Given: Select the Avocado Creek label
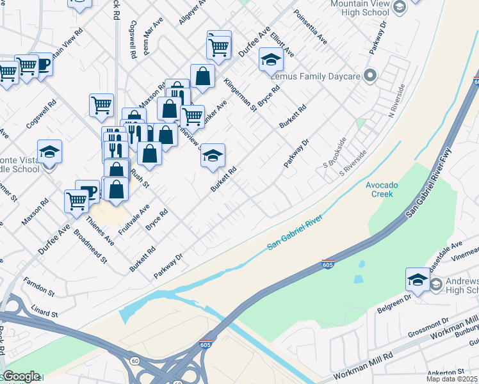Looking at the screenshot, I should click(382, 189).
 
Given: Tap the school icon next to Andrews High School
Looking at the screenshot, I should click(418, 280).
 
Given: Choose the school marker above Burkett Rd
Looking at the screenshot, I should click(213, 156).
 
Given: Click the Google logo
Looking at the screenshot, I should click(21, 376).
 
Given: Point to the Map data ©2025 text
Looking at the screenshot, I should click(452, 379).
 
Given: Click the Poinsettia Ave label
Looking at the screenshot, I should click(310, 27).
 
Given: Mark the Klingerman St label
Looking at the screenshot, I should click(240, 95).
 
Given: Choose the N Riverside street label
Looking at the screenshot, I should click(396, 101).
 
